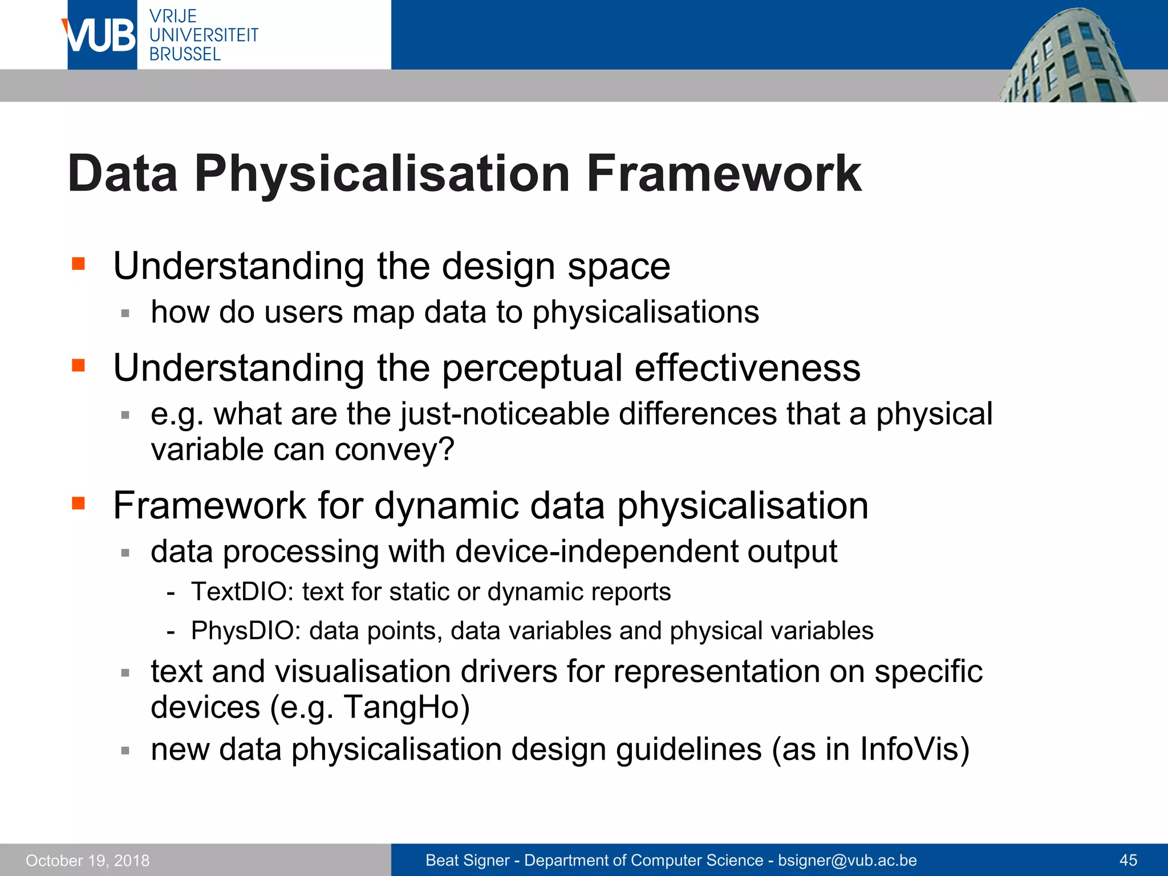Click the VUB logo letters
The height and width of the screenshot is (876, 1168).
[x=100, y=35]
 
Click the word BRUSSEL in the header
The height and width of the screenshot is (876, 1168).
[x=185, y=54]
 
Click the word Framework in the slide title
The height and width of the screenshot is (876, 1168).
[x=723, y=173]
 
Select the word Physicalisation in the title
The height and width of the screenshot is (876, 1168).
[x=382, y=175]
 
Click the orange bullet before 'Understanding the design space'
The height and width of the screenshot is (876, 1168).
[x=78, y=263]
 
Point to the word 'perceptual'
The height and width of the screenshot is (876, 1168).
[x=532, y=368]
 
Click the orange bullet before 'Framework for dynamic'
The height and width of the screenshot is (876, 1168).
[x=78, y=503]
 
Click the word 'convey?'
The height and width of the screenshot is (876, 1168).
[x=394, y=449]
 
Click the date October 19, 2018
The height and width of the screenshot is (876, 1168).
[x=87, y=860]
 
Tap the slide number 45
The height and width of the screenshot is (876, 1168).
[x=1128, y=860]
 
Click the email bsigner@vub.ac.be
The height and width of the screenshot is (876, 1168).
[x=847, y=860]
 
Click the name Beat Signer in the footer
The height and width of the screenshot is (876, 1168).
[x=467, y=860]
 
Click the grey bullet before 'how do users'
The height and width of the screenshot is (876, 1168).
[x=125, y=313]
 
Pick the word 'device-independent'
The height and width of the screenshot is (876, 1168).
[x=596, y=551]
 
